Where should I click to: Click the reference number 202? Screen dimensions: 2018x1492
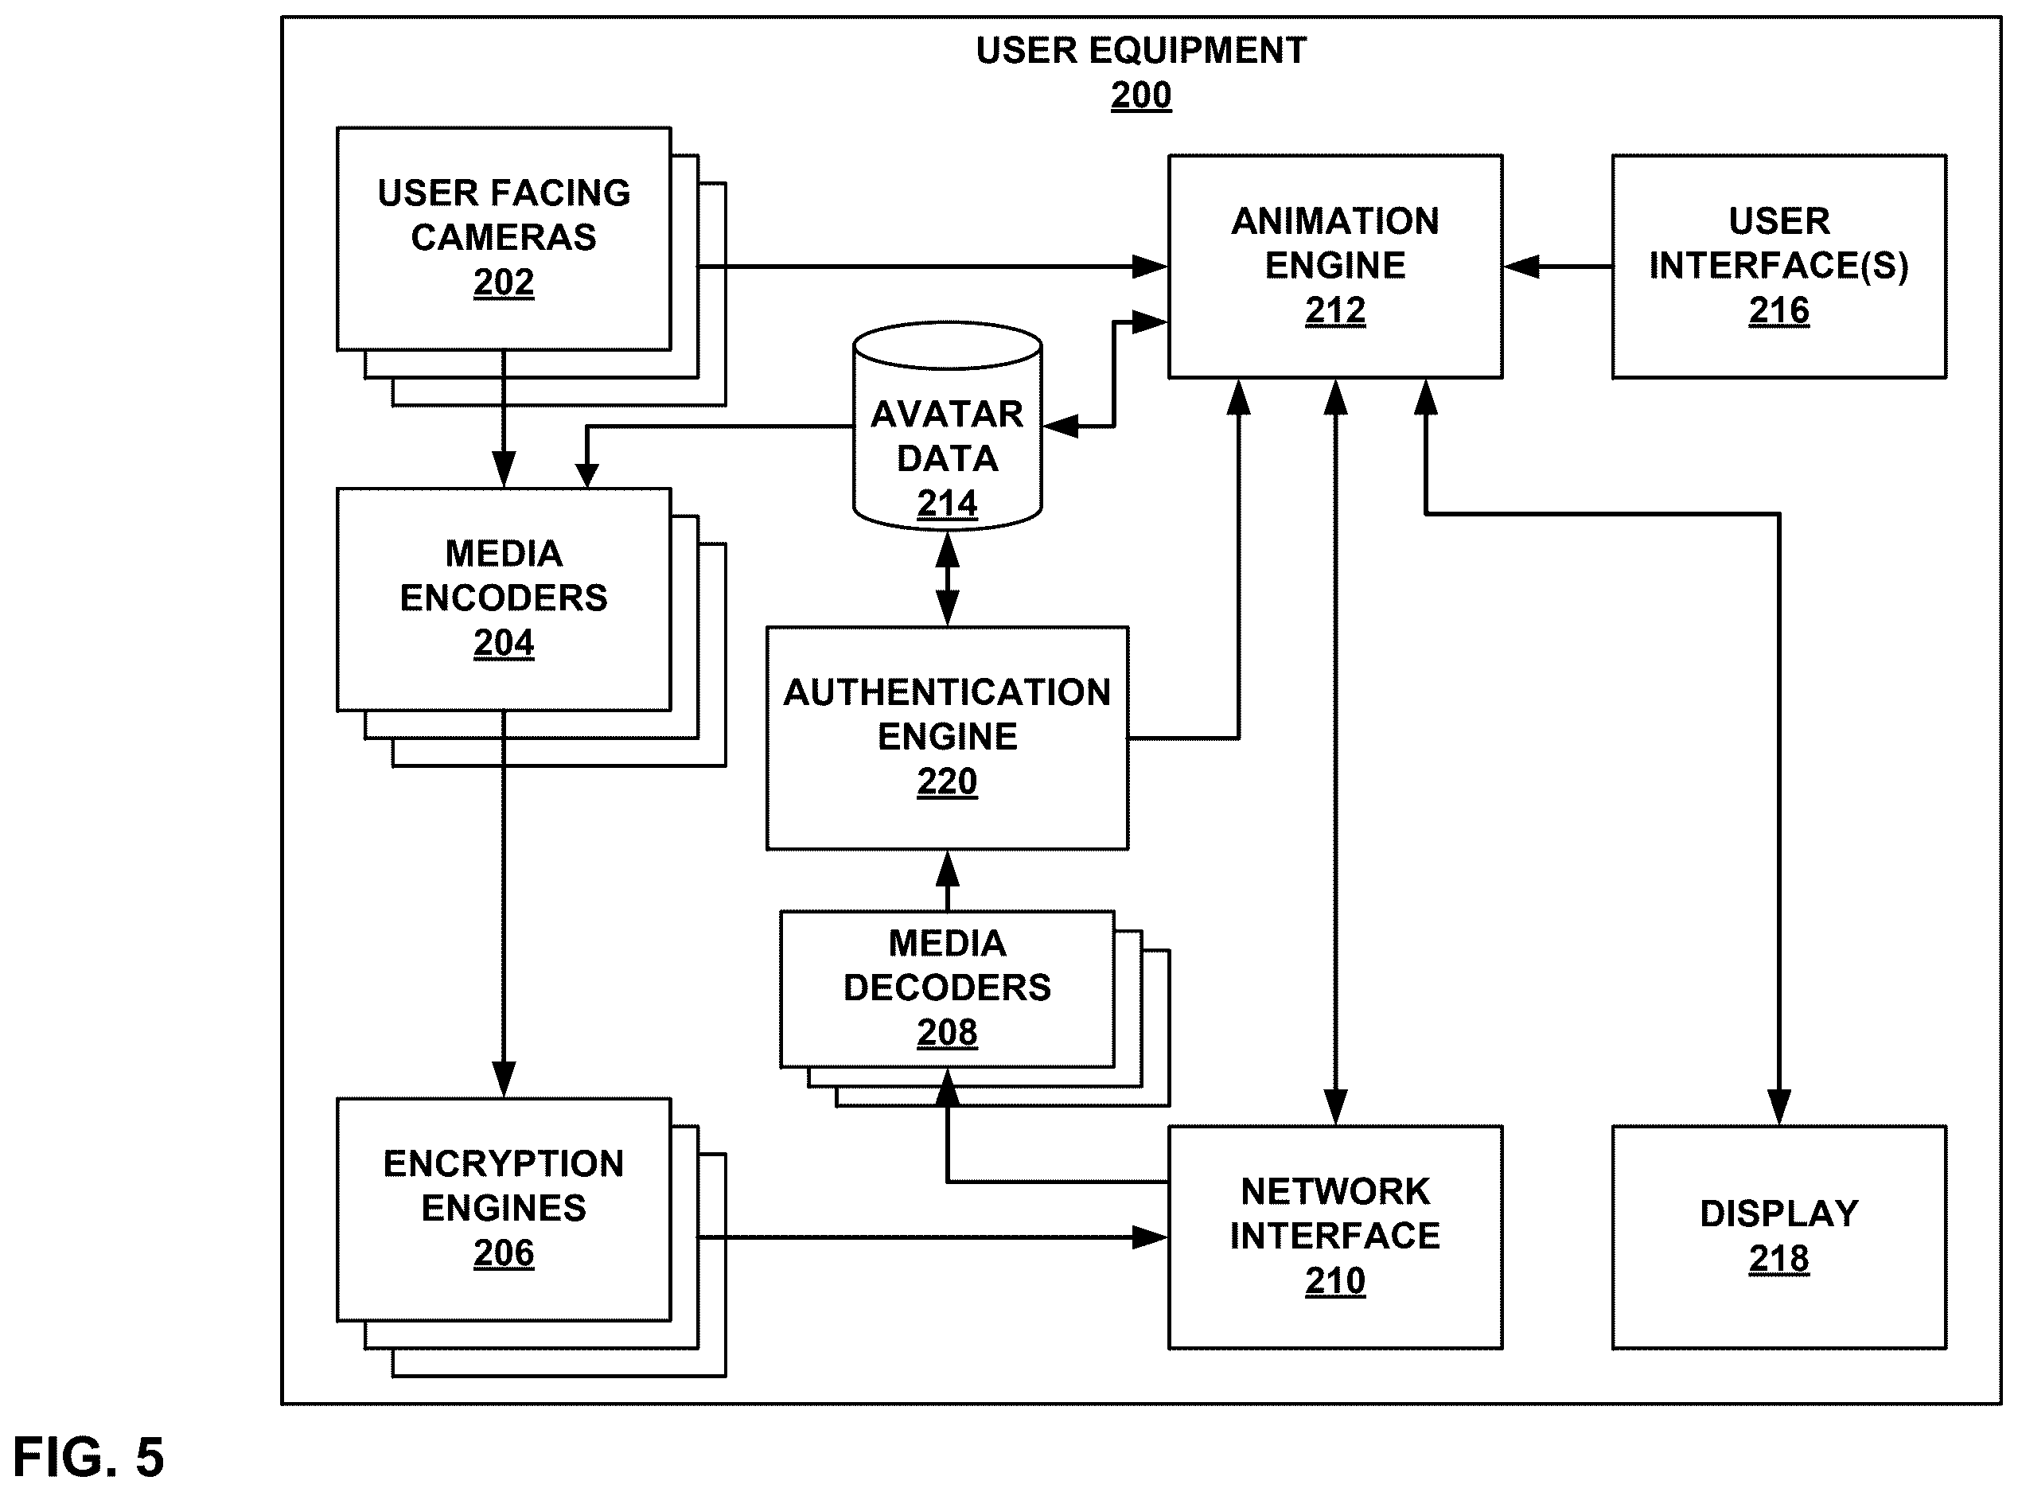tap(503, 282)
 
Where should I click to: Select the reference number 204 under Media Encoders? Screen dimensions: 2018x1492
tap(503, 643)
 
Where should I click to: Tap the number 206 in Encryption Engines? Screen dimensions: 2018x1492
tap(503, 1252)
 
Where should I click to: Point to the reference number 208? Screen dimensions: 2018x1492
tap(947, 1032)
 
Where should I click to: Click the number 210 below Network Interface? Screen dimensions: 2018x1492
tap(1334, 1280)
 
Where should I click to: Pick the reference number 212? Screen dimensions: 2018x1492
tap(1334, 310)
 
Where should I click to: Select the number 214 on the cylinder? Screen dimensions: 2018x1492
tap(947, 503)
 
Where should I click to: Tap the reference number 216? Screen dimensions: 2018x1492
tap(1778, 310)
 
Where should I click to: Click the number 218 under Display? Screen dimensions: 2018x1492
tap(1778, 1258)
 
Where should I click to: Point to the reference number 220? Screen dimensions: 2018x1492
tap(947, 781)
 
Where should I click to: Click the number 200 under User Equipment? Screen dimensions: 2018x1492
tap(1141, 95)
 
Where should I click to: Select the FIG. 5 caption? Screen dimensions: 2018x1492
tap(88, 1457)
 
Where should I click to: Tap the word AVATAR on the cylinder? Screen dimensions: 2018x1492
tap(947, 415)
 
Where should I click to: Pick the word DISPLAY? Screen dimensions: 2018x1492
tap(1778, 1213)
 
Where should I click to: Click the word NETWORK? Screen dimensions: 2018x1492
tap(1334, 1192)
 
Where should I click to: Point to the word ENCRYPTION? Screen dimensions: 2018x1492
tap(503, 1164)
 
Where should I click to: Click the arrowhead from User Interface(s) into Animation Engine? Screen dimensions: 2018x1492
tap(1522, 267)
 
